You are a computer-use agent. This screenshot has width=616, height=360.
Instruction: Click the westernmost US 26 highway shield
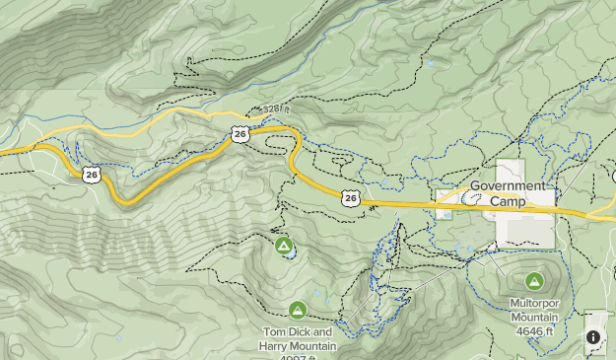pos(92,175)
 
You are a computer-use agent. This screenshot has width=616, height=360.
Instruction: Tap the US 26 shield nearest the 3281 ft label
pos(240,133)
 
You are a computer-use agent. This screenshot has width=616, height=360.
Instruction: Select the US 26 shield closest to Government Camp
pos(350,198)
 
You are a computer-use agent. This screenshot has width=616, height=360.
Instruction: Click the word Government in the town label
pos(507,185)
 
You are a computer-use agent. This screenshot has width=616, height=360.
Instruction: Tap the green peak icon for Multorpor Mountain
pos(534,281)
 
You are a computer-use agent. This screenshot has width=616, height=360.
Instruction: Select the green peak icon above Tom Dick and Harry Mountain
pos(298,311)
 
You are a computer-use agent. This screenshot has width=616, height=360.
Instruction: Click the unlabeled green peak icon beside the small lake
pos(283,244)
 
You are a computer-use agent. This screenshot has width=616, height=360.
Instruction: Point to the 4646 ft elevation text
pos(534,331)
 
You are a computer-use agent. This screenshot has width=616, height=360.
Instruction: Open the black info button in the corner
pos(593,337)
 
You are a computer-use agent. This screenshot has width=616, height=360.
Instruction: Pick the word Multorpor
pos(534,304)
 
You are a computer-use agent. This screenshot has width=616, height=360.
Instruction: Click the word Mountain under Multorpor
pos(534,318)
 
